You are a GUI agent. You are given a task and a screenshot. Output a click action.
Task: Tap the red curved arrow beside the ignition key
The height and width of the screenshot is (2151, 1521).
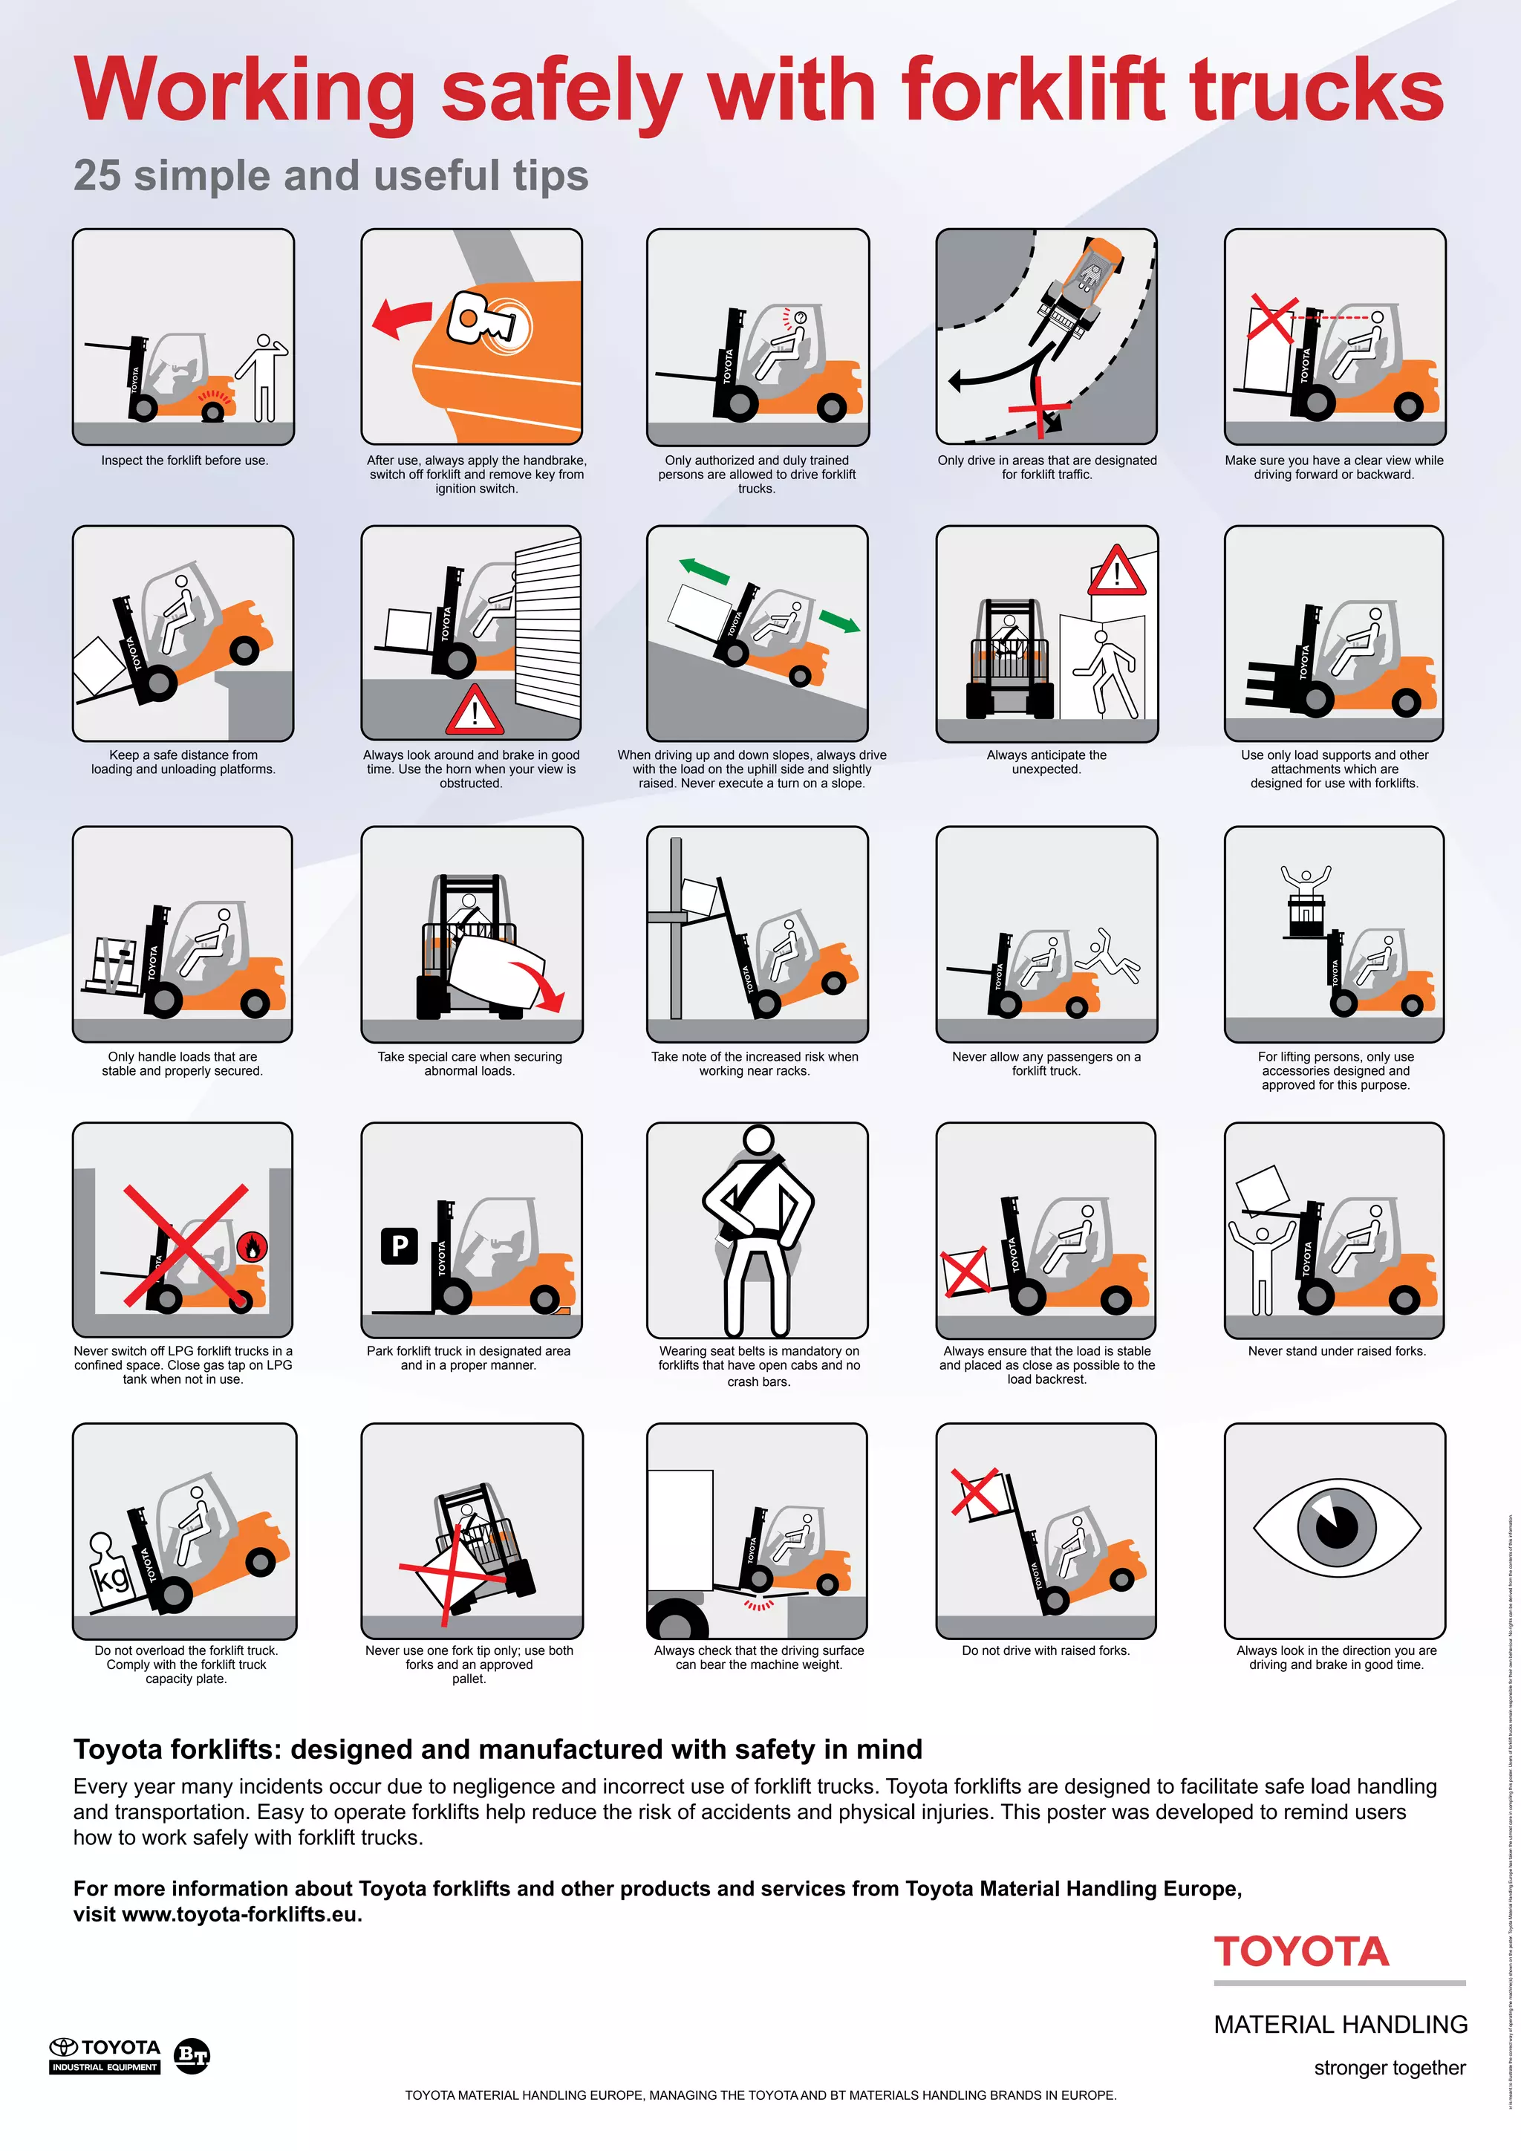(401, 319)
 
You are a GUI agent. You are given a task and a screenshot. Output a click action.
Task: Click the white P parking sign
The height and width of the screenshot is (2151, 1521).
(399, 1246)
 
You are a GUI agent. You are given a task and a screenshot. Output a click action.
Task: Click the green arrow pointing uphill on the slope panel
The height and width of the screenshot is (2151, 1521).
(703, 570)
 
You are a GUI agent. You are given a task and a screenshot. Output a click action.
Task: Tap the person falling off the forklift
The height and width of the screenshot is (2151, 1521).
(1109, 956)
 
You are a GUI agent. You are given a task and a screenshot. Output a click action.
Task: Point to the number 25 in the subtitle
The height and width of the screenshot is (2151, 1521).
(97, 175)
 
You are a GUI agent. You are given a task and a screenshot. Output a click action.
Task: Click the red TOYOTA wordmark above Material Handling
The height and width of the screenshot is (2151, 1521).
(1301, 1953)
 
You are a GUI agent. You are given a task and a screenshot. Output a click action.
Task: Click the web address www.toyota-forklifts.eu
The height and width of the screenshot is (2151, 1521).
(241, 1914)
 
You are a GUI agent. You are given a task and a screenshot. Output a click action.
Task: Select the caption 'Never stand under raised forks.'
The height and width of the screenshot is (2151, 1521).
(1335, 1351)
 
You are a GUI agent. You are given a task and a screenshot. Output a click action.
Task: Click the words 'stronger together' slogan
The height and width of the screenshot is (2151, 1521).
(1389, 2068)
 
